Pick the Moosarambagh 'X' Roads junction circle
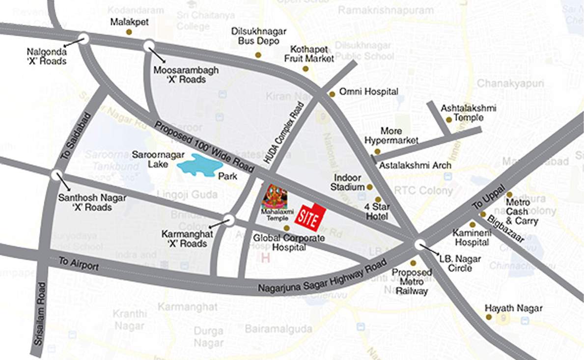coord(149,46)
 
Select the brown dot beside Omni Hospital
coord(332,93)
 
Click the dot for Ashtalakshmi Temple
coord(448,119)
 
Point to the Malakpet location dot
coord(129,32)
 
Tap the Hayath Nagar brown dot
coord(489,317)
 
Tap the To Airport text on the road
coord(79,264)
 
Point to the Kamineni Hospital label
coord(471,237)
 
